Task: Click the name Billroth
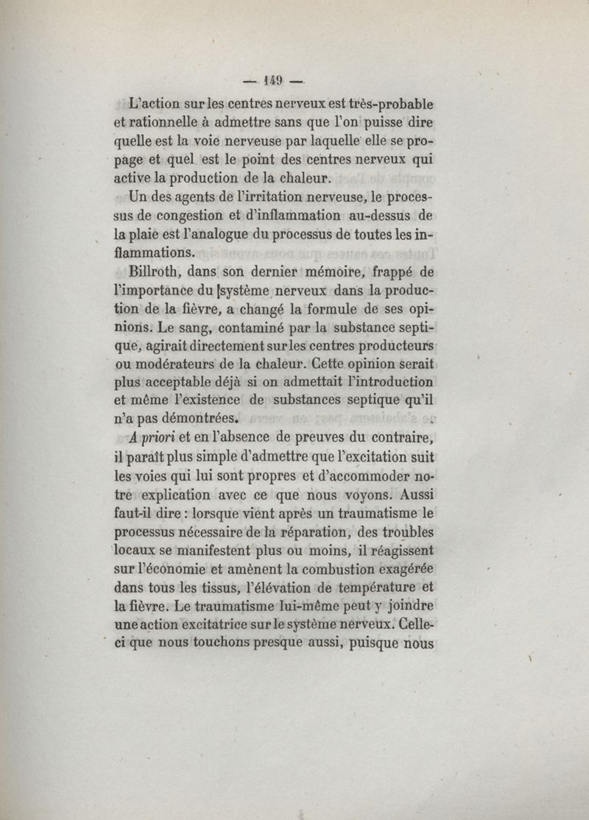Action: point(158,271)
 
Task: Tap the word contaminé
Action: point(236,325)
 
